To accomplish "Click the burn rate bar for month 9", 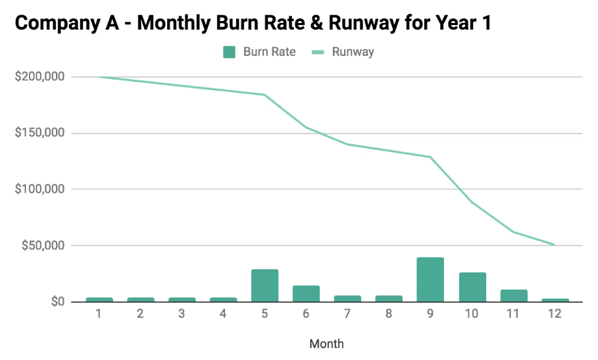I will [430, 280].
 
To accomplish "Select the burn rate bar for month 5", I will [264, 286].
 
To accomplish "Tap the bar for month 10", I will [472, 287].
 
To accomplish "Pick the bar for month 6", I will [306, 294].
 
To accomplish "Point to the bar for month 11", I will [513, 296].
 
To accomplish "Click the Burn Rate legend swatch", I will [230, 52].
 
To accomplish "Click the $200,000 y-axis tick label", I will [39, 77].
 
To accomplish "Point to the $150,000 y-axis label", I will [39, 133].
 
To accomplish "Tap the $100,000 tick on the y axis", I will [39, 190].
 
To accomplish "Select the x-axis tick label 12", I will [555, 314].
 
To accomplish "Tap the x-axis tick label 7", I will [347, 314].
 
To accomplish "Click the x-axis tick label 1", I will [99, 314].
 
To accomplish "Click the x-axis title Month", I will [326, 344].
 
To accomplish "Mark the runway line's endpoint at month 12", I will [555, 245].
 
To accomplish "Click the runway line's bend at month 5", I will [264, 95].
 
